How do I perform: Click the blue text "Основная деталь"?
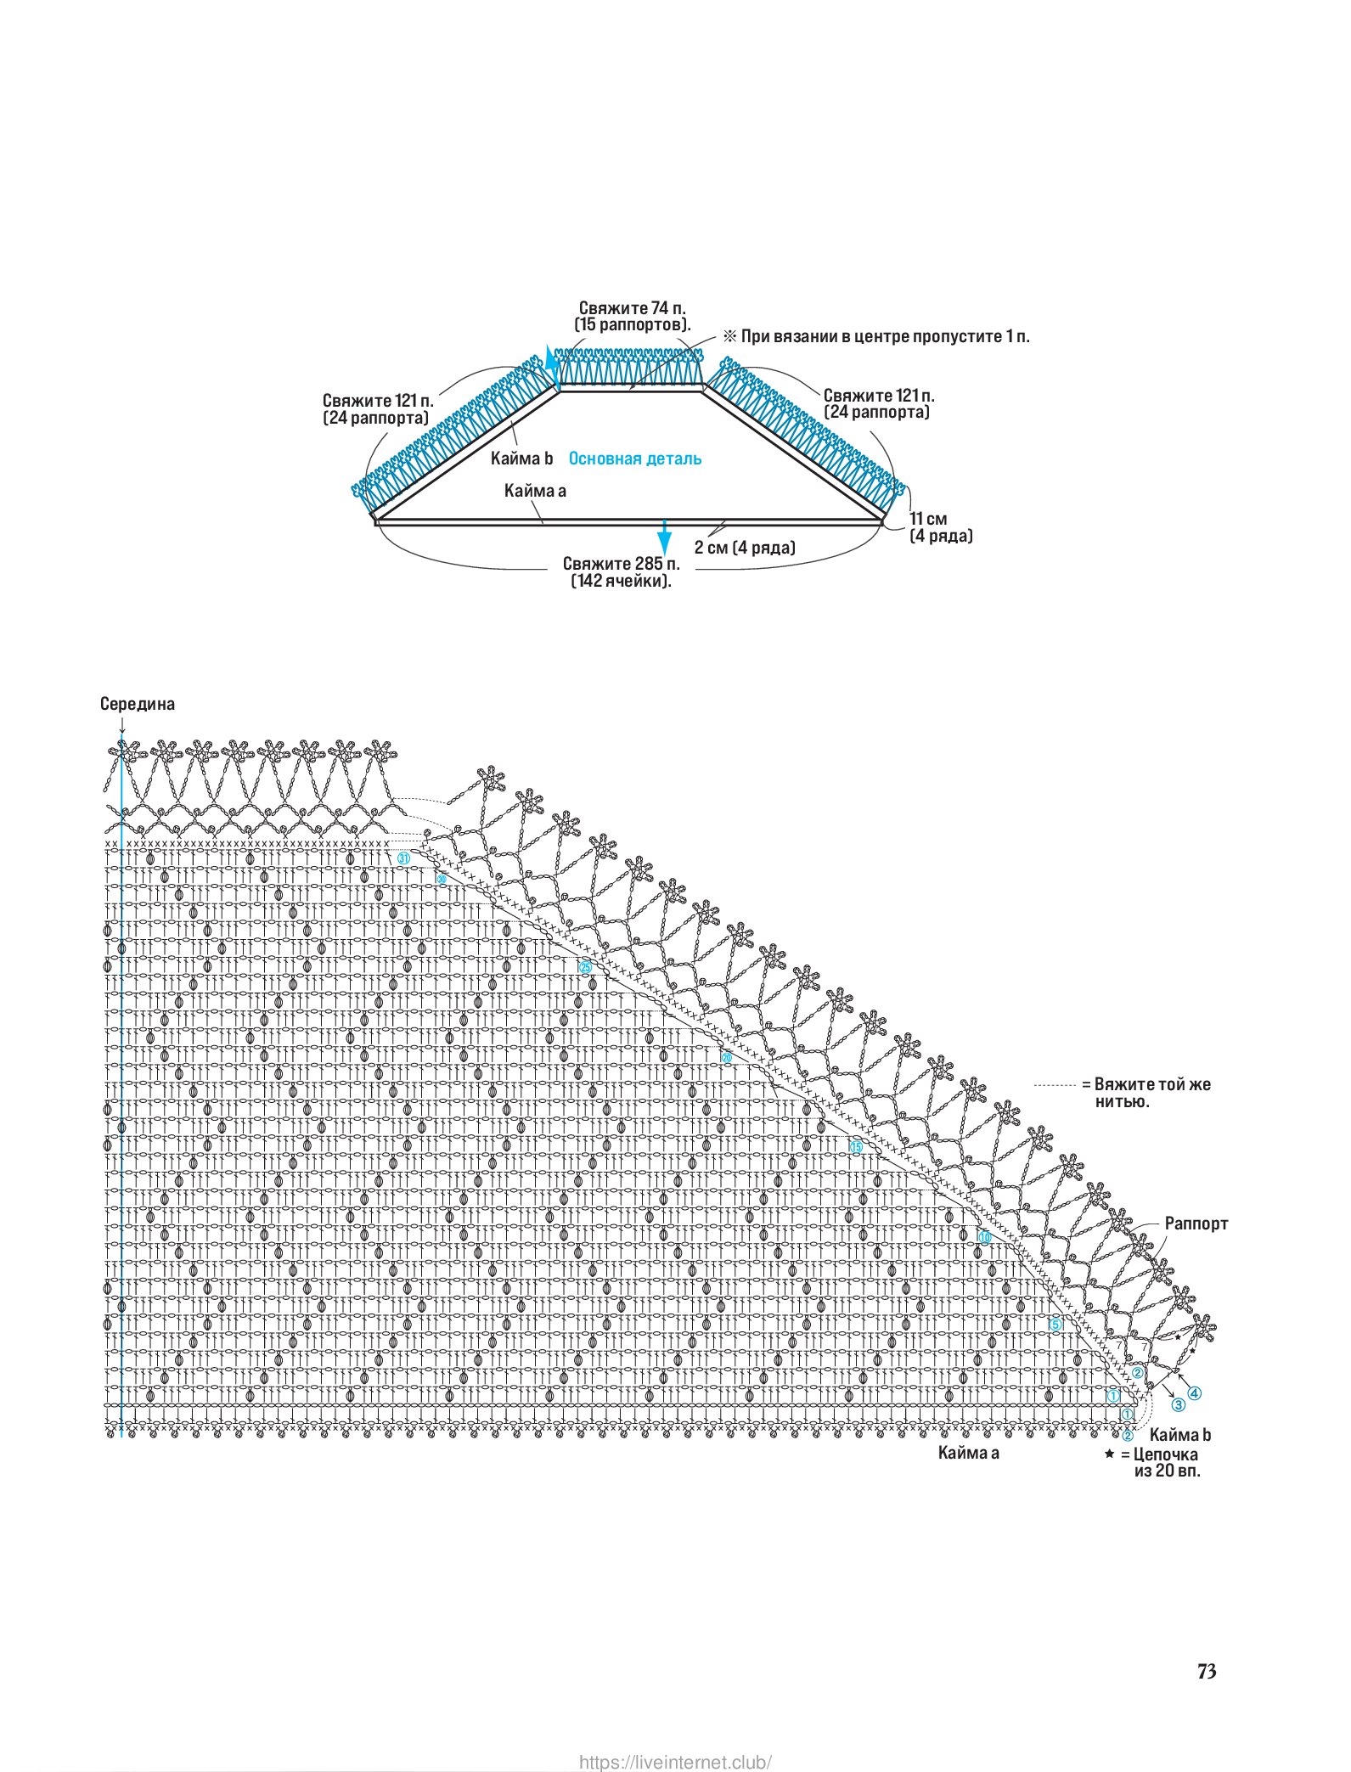coord(634,458)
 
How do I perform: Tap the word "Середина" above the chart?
coord(137,704)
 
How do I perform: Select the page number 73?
coord(1207,1671)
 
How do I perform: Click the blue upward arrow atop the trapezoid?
coord(551,363)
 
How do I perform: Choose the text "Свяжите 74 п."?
coord(632,308)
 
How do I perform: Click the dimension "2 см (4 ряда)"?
coord(745,548)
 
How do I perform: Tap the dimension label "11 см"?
coord(928,519)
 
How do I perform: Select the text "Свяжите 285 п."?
coord(621,564)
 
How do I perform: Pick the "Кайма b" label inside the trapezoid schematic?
coord(521,458)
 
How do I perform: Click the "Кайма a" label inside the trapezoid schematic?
coord(535,491)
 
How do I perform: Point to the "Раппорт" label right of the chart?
coord(1196,1224)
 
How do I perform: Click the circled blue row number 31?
coord(404,858)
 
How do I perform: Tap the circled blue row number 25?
coord(585,967)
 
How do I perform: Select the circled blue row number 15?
coord(856,1147)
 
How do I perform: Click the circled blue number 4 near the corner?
coord(1194,1393)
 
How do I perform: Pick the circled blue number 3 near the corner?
coord(1179,1405)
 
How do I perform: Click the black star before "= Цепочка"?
coord(1109,1454)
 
